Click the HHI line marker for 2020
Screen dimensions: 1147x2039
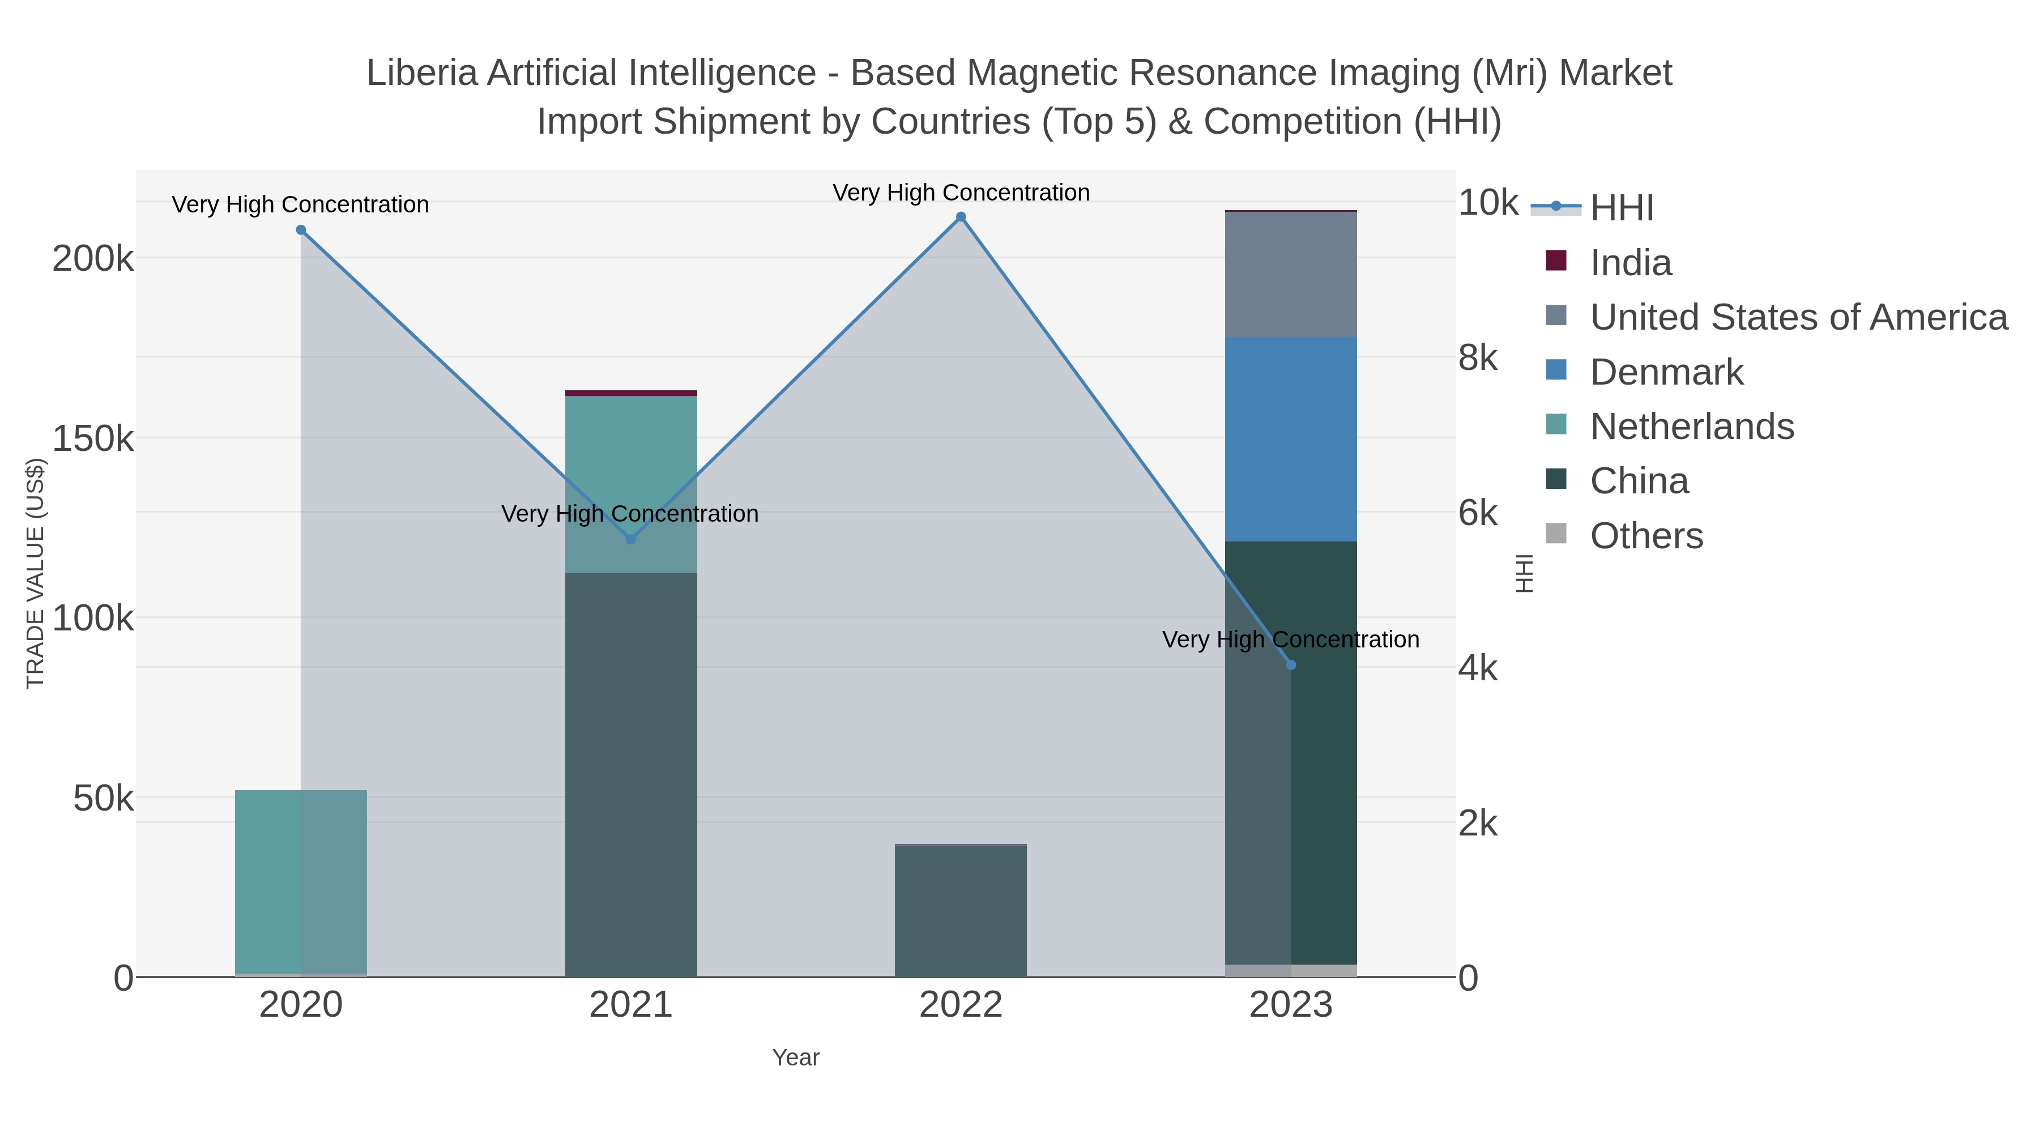coord(301,231)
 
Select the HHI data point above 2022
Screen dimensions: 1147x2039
coord(961,217)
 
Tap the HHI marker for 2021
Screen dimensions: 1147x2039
coord(631,539)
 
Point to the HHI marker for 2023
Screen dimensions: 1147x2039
coord(1291,665)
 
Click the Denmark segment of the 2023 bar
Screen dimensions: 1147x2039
coord(1291,440)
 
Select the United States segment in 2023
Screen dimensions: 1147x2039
coord(1291,275)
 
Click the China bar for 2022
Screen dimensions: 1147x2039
coord(961,910)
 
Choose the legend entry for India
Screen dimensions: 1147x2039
coord(1631,263)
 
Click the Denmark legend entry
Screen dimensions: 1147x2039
coord(1666,372)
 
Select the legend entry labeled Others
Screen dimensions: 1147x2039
coord(1646,536)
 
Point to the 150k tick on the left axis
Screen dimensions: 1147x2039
coord(93,438)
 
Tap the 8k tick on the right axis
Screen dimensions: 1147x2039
coord(1478,358)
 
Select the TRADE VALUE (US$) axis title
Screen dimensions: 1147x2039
coord(36,573)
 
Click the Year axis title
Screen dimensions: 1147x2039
coord(796,1058)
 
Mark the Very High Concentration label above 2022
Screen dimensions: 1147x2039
coord(961,193)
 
